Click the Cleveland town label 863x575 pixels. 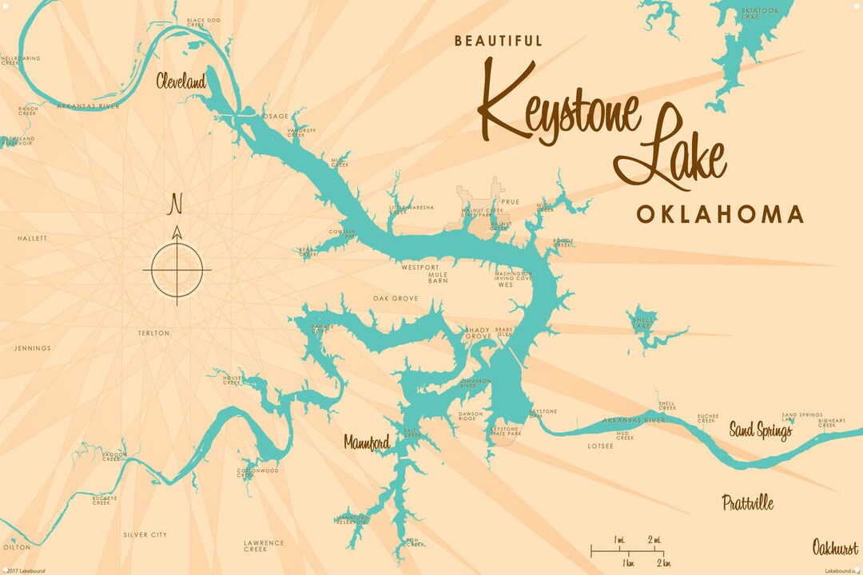(x=181, y=81)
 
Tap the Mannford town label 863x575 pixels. (x=367, y=442)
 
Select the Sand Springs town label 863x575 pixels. (x=760, y=432)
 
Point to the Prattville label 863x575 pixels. (x=748, y=503)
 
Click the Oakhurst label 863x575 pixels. (x=835, y=548)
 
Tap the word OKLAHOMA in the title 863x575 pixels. (x=720, y=214)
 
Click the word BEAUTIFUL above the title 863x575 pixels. (x=499, y=41)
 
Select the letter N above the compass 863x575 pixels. (x=176, y=204)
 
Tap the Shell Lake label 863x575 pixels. (x=642, y=323)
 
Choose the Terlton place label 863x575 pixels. (x=153, y=333)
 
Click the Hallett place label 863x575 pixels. (x=33, y=238)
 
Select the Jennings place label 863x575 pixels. (x=32, y=348)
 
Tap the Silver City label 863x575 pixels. (x=145, y=534)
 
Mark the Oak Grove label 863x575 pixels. (x=396, y=299)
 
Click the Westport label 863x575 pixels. (x=420, y=267)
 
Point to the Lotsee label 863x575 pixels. (x=600, y=446)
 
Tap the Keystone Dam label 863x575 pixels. (x=544, y=414)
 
